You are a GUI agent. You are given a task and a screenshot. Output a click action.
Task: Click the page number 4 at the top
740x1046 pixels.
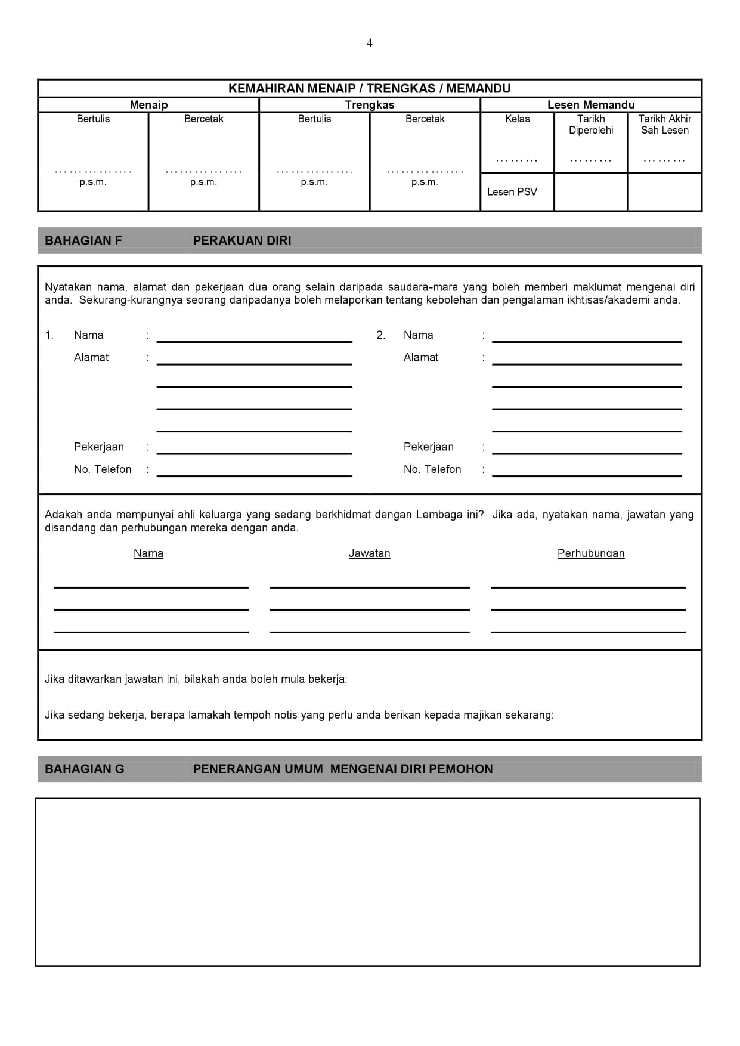tap(369, 43)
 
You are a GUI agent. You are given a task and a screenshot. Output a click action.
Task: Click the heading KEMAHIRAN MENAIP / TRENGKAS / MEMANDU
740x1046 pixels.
tap(369, 89)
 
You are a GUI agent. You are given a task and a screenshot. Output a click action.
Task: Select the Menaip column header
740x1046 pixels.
tap(148, 105)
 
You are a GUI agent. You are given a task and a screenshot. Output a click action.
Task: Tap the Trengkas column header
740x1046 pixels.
tap(369, 105)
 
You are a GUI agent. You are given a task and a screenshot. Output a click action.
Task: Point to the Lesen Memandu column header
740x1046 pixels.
tap(590, 105)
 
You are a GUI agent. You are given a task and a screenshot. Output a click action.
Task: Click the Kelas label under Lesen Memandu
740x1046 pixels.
tap(517, 119)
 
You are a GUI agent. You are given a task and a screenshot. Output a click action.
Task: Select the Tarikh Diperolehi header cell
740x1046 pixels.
tap(590, 125)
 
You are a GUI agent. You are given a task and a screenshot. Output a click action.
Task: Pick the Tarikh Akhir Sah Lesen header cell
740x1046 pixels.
tap(664, 125)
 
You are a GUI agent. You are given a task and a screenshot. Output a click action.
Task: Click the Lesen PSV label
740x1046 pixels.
tap(512, 192)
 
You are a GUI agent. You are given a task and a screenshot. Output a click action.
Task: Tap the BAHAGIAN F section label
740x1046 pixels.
tap(83, 241)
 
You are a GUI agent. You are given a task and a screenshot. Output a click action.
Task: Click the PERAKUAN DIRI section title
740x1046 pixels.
tap(242, 241)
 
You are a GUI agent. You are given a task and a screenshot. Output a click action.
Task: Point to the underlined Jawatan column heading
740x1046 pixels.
tap(369, 553)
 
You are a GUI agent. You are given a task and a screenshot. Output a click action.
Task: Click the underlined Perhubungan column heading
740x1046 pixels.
tap(590, 553)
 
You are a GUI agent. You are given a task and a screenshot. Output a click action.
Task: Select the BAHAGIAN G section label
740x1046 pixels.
tap(85, 769)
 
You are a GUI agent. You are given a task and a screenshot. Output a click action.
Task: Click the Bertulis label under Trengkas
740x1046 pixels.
tap(314, 119)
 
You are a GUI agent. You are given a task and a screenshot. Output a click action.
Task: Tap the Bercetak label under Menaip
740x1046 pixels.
tap(203, 119)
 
